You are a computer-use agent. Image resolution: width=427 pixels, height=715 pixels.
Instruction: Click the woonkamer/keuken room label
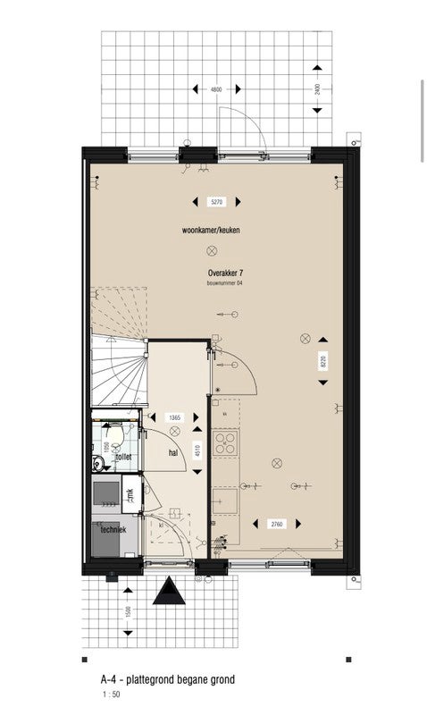211,231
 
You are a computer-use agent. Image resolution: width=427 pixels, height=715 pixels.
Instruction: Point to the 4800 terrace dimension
215,89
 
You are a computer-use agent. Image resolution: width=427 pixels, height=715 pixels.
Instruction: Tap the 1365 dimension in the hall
176,417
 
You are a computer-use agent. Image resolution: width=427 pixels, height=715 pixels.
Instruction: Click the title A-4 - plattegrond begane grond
168,680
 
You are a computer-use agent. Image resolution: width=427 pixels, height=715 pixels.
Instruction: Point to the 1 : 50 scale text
110,694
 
